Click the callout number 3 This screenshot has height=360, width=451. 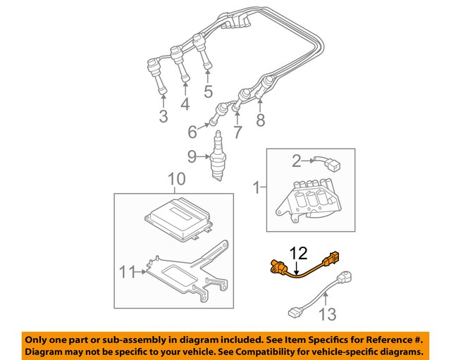tap(163, 116)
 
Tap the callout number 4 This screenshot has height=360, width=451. tap(185, 104)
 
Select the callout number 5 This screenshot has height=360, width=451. tap(208, 91)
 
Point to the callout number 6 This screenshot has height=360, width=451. tap(192, 132)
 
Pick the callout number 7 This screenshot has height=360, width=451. tap(237, 132)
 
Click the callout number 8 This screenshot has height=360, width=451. tap(261, 120)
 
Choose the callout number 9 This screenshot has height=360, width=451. tap(192, 156)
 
